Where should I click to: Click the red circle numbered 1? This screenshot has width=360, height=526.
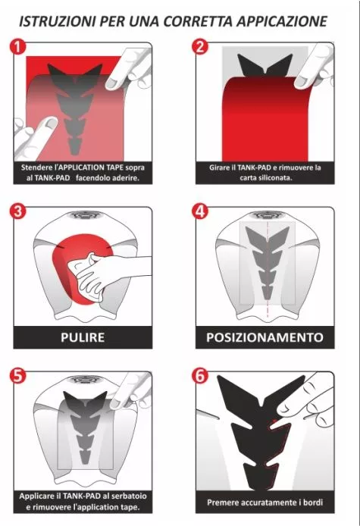pyautogui.click(x=17, y=47)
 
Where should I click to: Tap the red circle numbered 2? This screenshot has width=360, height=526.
pyautogui.click(x=200, y=47)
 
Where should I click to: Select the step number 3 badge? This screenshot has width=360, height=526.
pyautogui.click(x=17, y=211)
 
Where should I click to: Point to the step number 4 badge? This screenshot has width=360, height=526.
pyautogui.click(x=200, y=211)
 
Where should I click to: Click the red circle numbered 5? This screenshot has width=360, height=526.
pyautogui.click(x=17, y=376)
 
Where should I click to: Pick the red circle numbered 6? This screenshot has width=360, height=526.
pyautogui.click(x=200, y=376)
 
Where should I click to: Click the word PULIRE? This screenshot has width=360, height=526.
pyautogui.click(x=83, y=337)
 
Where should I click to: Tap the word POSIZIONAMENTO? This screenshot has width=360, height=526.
pyautogui.click(x=265, y=337)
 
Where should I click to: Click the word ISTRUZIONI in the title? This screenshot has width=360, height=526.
pyautogui.click(x=57, y=21)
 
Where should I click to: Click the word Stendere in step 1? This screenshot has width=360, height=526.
pyautogui.click(x=36, y=167)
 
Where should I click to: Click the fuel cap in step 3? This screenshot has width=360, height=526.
pyautogui.click(x=83, y=214)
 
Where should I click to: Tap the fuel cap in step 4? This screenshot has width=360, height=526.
pyautogui.click(x=265, y=214)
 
